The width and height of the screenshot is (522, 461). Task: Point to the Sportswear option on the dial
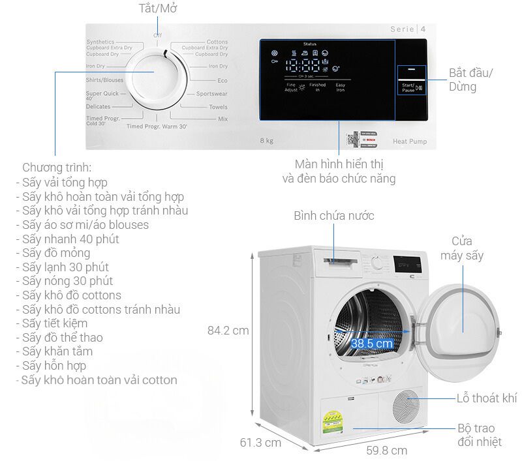(212, 94)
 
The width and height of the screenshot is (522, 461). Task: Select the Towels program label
(218, 106)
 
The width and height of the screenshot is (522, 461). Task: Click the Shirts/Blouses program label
(104, 80)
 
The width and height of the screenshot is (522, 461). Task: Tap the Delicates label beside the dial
(98, 106)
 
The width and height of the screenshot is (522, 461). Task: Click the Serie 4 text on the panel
(408, 29)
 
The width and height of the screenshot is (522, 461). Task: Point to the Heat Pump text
(410, 141)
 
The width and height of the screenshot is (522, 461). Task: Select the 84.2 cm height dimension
(228, 331)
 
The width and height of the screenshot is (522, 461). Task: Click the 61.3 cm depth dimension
(260, 443)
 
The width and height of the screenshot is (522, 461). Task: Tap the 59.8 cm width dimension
(386, 450)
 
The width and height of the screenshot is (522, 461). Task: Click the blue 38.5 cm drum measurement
(371, 343)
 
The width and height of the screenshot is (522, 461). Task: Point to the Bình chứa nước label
(333, 216)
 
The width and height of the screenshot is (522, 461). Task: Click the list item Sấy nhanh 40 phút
(70, 239)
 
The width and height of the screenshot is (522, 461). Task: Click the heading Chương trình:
(57, 168)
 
